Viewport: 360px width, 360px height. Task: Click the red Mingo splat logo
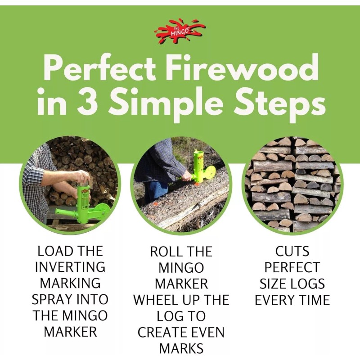tap(179, 31)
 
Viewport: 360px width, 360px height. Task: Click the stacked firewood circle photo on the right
tap(293, 184)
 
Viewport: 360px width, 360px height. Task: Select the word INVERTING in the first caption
tap(70, 267)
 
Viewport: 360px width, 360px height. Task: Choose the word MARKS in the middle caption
tap(181, 348)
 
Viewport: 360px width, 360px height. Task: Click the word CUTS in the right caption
tap(292, 251)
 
